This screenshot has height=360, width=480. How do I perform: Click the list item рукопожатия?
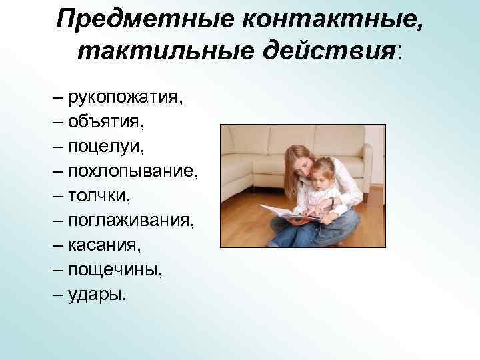(x=125, y=99)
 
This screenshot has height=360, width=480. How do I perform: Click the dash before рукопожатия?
(x=59, y=99)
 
